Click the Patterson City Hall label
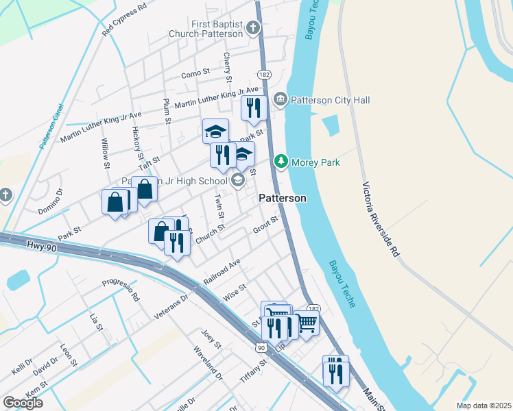[331, 101]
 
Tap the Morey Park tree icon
[281, 162]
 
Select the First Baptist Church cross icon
[253, 29]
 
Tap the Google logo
[23, 403]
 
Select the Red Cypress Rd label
[124, 20]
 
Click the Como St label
[195, 73]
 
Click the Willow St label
[106, 153]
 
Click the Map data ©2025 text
[484, 406]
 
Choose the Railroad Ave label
[222, 272]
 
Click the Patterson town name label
[282, 198]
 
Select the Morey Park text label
[315, 162]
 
